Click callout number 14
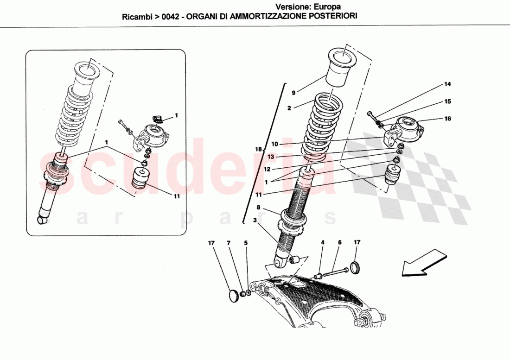point(447,84)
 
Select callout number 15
point(447,101)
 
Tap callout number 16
point(447,119)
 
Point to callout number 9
point(293,92)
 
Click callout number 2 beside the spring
point(288,108)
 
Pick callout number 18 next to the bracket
point(259,150)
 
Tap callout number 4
point(323,242)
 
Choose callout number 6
point(339,242)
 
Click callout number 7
point(229,242)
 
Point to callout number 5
point(246,242)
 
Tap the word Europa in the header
point(327,7)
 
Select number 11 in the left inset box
point(177,196)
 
